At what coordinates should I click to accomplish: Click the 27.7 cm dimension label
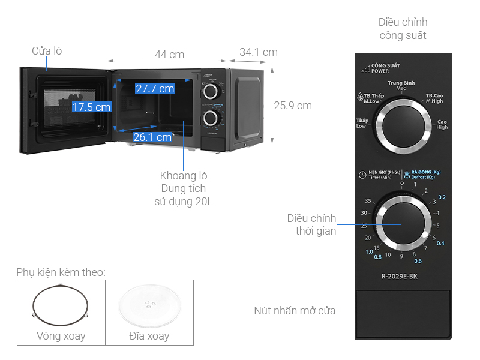click(155, 89)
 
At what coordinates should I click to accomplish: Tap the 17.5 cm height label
click(92, 107)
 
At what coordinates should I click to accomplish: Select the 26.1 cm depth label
click(152, 137)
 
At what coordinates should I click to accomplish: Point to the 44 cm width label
click(169, 54)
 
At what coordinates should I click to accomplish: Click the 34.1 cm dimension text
click(259, 52)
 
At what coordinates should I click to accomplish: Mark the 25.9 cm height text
click(293, 106)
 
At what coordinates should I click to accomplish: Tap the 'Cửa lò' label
click(47, 51)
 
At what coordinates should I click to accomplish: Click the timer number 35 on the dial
click(368, 201)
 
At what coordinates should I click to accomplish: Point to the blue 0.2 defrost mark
click(442, 197)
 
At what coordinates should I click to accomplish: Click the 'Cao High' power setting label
click(442, 124)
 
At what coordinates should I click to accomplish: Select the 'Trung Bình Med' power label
click(401, 85)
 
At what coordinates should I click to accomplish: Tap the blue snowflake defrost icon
click(407, 175)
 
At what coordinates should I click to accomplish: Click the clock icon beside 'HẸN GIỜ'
click(362, 175)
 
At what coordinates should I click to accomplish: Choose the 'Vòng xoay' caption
click(61, 336)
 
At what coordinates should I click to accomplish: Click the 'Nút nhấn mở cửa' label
click(294, 311)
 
